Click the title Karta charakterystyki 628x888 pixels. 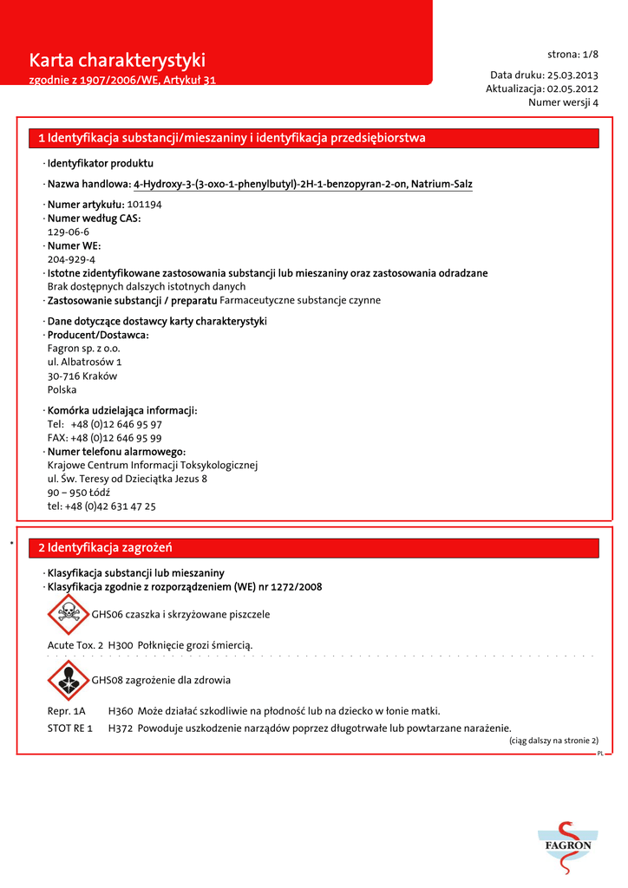coord(117,61)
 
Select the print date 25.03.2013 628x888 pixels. coord(572,75)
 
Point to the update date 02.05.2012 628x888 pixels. coord(572,88)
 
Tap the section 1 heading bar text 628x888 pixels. coord(232,139)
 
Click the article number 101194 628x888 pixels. coord(145,205)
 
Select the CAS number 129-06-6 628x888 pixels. coord(69,232)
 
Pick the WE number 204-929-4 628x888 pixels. coord(71,259)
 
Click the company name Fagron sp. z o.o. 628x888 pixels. coord(83,349)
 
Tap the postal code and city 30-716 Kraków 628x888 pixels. coord(82,376)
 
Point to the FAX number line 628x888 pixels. coord(104,438)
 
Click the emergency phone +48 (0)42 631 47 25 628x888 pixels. coord(101,506)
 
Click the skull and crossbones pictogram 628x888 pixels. coord(69,615)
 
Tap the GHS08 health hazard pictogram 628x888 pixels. coord(69,681)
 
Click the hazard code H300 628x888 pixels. coord(121,645)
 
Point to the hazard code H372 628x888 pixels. coord(121,728)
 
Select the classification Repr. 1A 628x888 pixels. coord(66,711)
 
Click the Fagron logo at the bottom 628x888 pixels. coord(568,845)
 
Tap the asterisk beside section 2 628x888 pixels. coord(11,544)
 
